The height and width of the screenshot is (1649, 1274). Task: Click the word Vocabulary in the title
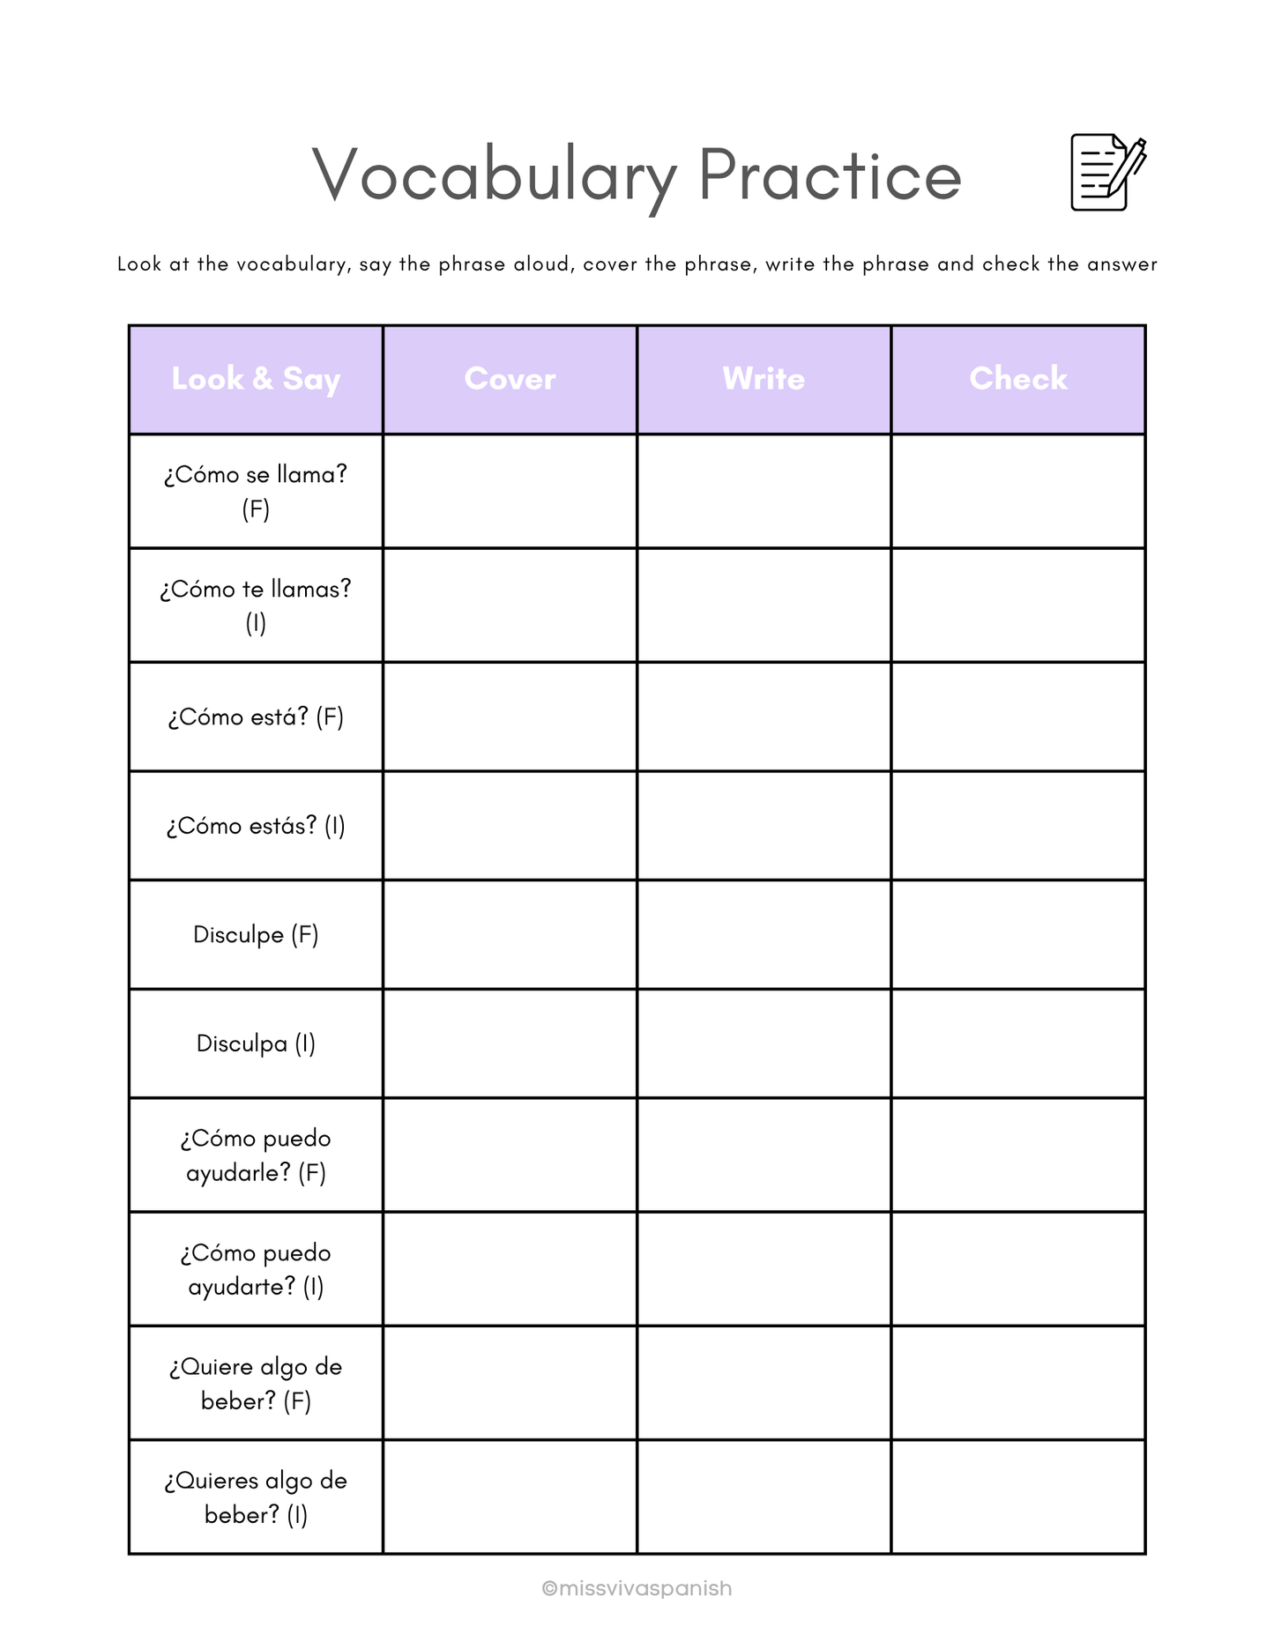click(x=494, y=175)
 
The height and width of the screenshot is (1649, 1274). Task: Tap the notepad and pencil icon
click(x=1107, y=173)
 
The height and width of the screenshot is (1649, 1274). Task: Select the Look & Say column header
click(x=256, y=379)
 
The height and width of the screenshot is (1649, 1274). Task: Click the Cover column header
click(x=510, y=379)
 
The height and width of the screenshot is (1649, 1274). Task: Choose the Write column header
click(x=764, y=379)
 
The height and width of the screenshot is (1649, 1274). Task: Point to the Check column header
click(x=1018, y=379)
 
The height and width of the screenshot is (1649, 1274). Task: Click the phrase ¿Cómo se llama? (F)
click(x=256, y=491)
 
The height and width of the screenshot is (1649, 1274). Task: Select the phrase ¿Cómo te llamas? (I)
click(x=256, y=605)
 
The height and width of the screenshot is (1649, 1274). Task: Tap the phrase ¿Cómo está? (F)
click(x=256, y=717)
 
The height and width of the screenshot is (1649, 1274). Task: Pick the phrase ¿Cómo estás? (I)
click(x=256, y=826)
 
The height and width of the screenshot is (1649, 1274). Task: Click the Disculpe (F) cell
click(x=256, y=934)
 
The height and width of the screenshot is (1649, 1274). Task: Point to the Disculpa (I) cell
click(x=256, y=1044)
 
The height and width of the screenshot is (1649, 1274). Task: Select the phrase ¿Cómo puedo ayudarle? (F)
click(x=256, y=1155)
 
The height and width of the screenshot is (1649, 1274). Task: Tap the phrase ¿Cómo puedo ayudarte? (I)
click(x=256, y=1269)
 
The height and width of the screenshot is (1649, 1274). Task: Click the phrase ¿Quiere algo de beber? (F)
click(x=256, y=1383)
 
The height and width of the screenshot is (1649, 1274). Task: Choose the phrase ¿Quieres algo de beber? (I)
click(x=256, y=1497)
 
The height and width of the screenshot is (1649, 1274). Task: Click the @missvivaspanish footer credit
click(x=637, y=1588)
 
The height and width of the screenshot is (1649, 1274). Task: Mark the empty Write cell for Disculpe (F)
click(x=764, y=934)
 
